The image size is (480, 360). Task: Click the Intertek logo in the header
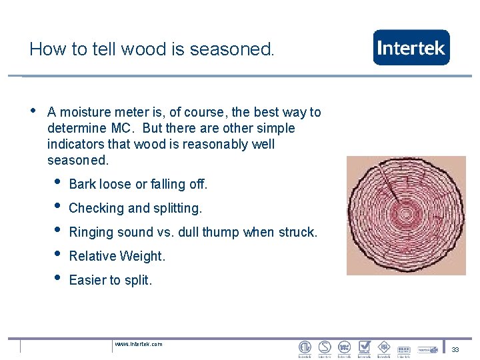411,47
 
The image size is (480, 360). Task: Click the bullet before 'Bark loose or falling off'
58,182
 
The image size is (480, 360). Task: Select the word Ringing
91,232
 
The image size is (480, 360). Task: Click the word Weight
145,256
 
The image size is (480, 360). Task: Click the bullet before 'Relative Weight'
58,254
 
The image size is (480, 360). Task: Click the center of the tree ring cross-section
407,215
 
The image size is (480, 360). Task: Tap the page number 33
455,350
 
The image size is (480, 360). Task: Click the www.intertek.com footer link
138,344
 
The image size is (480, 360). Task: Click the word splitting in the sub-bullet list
176,208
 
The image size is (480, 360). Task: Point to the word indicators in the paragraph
77,144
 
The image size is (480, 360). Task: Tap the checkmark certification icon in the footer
364,347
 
